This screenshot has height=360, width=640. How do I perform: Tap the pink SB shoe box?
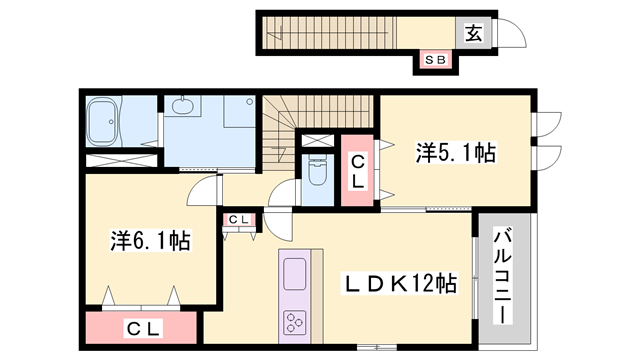(x=435, y=60)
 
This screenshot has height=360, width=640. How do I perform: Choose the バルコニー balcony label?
(x=503, y=273)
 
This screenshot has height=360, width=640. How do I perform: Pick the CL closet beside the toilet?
(x=357, y=173)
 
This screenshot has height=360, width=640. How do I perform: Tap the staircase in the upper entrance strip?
(x=330, y=31)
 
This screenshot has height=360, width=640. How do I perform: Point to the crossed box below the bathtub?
(x=120, y=159)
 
